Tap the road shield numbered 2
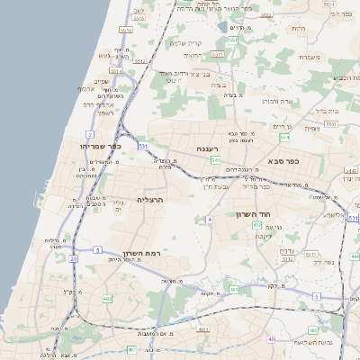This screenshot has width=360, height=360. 91,134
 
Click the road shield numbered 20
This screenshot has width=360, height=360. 73,257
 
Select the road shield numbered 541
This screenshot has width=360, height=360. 216,160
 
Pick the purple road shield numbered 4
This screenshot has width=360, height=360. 209,219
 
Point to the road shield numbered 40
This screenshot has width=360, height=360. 272,338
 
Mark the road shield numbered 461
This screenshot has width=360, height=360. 234,290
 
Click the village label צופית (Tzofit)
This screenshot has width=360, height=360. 311,129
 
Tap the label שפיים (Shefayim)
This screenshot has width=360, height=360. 100,81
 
